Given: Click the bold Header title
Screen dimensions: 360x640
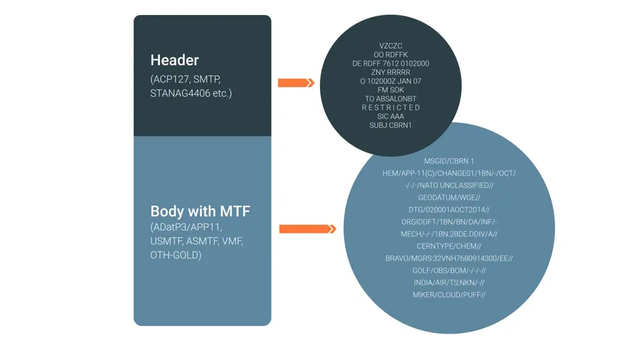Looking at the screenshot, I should [x=174, y=60].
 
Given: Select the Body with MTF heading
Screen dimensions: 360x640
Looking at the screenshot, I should [x=200, y=212].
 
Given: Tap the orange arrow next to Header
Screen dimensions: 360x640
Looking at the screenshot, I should [x=296, y=83].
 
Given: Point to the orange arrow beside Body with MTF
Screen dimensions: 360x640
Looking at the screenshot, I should [x=307, y=229].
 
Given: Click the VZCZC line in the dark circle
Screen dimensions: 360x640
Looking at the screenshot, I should [x=391, y=46].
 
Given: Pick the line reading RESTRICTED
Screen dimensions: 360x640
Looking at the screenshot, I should [x=391, y=107].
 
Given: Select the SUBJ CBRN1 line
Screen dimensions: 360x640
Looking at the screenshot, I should [x=391, y=125].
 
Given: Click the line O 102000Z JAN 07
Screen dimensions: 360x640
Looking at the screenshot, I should [x=391, y=81].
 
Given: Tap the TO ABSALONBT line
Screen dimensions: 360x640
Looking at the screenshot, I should [x=391, y=99].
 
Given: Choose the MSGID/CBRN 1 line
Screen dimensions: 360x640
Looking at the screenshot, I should [x=449, y=161].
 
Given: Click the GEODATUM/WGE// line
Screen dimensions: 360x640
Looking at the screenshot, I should [x=449, y=197].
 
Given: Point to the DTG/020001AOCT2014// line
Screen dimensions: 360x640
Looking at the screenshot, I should [x=449, y=210].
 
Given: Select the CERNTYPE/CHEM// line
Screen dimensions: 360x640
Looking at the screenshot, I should [x=449, y=246].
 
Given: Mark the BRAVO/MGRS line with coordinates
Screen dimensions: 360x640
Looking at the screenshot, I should [x=449, y=259].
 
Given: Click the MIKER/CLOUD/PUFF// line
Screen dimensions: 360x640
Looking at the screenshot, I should [x=449, y=295].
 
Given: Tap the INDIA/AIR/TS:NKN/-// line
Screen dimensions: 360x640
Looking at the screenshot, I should [x=449, y=283].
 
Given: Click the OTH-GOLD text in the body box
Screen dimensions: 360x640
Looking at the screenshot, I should [x=176, y=255].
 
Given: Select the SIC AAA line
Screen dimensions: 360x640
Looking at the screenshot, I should [x=391, y=116].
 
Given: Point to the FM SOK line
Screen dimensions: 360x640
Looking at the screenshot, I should [x=391, y=90].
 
